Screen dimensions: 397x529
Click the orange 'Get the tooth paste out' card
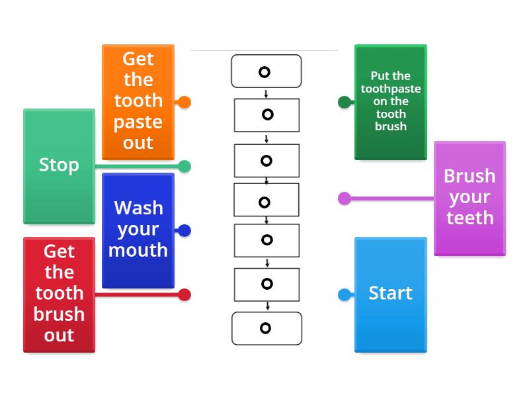tap(138, 101)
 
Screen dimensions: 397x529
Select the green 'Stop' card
tap(59, 165)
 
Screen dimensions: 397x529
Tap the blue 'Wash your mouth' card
tap(138, 229)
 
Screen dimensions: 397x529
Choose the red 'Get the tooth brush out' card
tap(59, 293)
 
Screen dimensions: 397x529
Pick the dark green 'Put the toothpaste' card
tap(390, 101)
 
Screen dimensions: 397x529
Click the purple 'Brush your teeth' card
tap(469, 197)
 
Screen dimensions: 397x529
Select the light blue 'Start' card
tap(390, 293)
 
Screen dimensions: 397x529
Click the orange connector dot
tap(184, 103)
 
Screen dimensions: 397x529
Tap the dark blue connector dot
tap(184, 231)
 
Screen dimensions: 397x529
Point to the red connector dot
tap(184, 295)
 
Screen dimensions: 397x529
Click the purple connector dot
tap(345, 198)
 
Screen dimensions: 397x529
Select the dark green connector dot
tap(345, 102)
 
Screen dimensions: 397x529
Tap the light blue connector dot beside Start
tap(345, 294)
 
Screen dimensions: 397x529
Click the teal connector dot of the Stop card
tap(184, 167)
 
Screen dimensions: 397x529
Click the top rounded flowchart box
tap(266, 71)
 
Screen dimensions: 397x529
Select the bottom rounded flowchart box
tap(266, 328)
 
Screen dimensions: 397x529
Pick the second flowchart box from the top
tap(266, 115)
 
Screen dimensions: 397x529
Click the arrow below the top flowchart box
tap(266, 93)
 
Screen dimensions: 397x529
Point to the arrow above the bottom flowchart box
tap(266, 306)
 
